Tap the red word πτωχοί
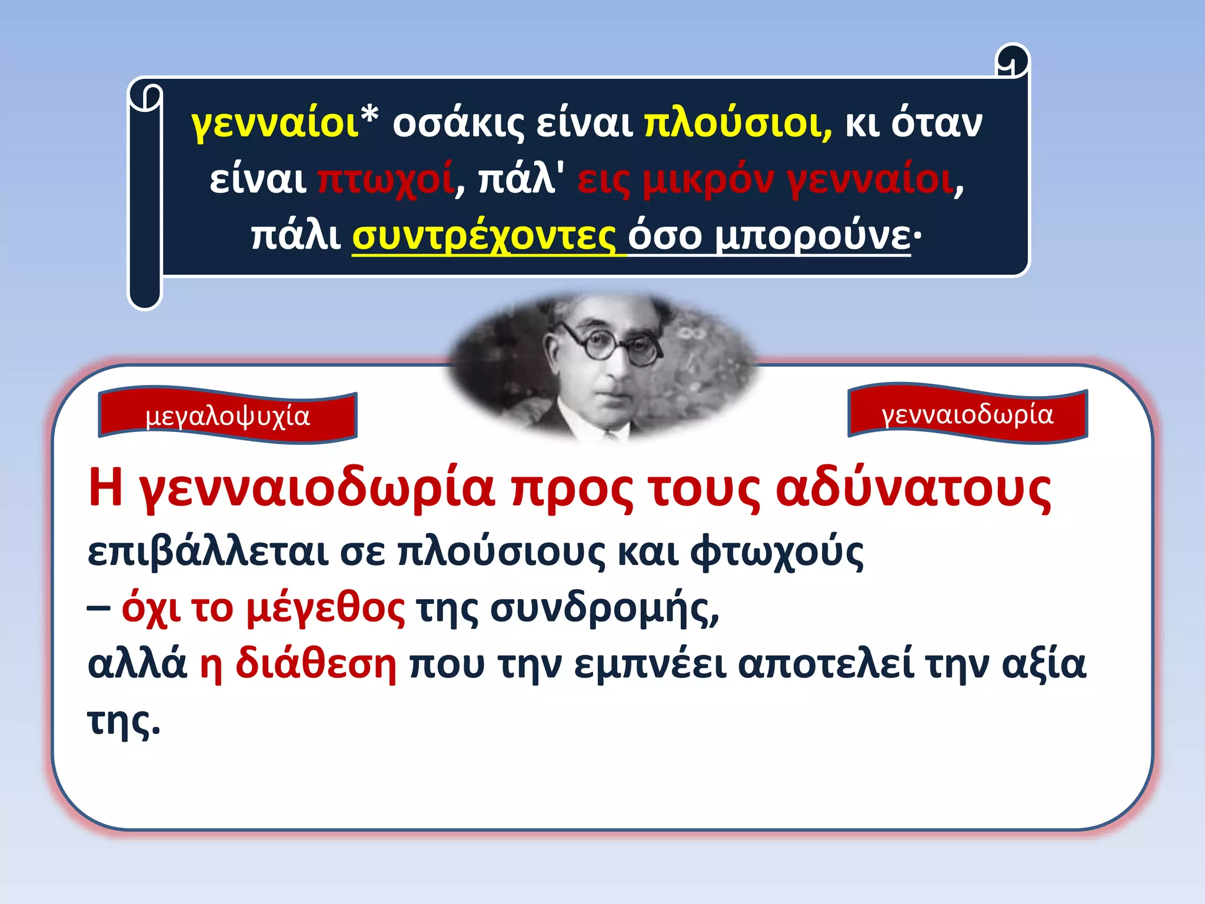pyautogui.click(x=386, y=180)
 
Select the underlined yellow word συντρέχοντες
pyautogui.click(x=484, y=237)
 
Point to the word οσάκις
pyautogui.click(x=458, y=125)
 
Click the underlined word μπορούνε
pyautogui.click(x=812, y=237)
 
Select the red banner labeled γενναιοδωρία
pyautogui.click(x=967, y=414)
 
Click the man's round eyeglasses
pyautogui.click(x=612, y=346)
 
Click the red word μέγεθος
pyautogui.click(x=325, y=609)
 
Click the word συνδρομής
pyautogui.click(x=604, y=609)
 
